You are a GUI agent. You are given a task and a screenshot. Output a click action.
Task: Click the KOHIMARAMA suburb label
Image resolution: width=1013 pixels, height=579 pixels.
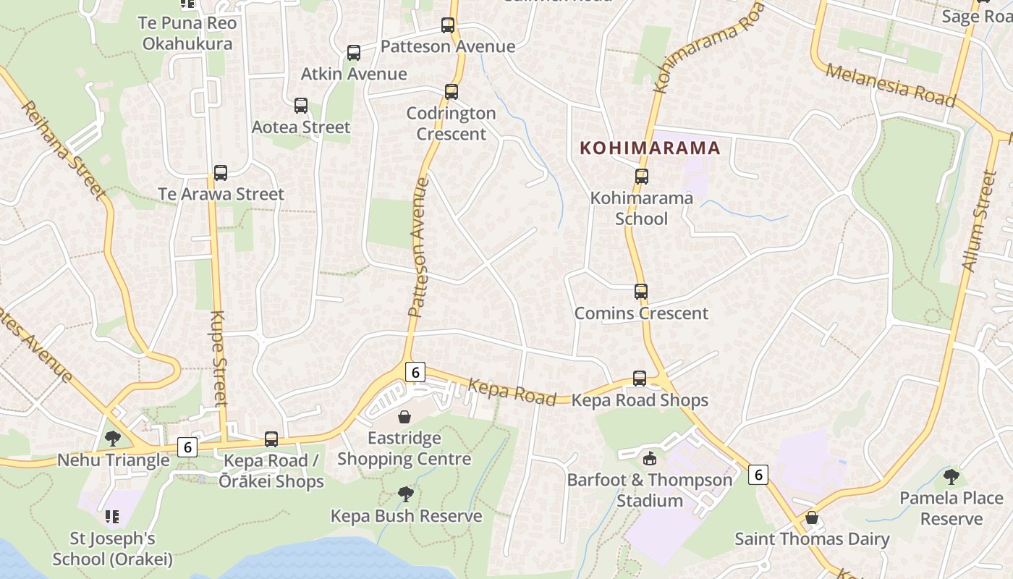coord(650,148)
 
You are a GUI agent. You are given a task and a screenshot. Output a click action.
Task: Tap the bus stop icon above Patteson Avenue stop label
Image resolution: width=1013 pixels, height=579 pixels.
coord(448,25)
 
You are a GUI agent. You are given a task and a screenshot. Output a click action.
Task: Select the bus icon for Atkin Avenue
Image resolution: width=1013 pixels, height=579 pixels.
coord(354,53)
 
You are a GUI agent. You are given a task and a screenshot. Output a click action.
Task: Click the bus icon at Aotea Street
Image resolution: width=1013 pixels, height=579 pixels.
coord(301,106)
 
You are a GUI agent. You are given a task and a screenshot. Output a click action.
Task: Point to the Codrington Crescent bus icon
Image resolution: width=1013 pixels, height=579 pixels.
coord(452,92)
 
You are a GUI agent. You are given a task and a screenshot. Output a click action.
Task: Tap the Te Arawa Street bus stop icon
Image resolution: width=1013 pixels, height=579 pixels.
coord(221,173)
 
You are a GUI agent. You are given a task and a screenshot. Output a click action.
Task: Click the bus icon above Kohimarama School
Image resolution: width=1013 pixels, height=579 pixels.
coord(641,177)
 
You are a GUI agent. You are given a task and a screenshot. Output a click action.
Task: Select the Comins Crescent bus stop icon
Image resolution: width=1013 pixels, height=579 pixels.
coord(641,292)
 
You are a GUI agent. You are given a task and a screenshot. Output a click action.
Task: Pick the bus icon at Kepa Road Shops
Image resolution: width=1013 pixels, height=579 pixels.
coord(640,379)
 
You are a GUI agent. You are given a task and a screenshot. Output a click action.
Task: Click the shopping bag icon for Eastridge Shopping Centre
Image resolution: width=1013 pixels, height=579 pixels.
coord(404,417)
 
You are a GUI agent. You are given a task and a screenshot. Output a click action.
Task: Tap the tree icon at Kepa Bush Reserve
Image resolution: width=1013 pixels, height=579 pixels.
coord(406,494)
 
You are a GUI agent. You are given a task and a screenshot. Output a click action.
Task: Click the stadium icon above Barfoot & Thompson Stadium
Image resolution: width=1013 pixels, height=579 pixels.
coord(649,458)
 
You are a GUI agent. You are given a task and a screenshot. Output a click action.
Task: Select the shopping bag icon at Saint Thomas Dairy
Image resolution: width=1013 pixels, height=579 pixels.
coord(812,517)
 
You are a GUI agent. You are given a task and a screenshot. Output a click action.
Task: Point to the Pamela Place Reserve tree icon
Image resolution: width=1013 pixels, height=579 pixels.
coord(951,476)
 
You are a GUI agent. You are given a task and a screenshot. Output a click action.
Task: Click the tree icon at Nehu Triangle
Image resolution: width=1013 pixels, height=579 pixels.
coord(112,438)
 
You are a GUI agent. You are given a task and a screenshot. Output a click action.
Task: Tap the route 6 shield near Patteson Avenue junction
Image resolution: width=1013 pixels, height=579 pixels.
coord(415,372)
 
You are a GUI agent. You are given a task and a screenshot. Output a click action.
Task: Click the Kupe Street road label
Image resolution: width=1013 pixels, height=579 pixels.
coord(219,358)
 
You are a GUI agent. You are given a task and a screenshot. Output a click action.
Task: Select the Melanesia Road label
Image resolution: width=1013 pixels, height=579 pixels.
coord(890,85)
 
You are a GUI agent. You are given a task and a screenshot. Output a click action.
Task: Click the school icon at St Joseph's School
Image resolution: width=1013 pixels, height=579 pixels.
coord(111,516)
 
